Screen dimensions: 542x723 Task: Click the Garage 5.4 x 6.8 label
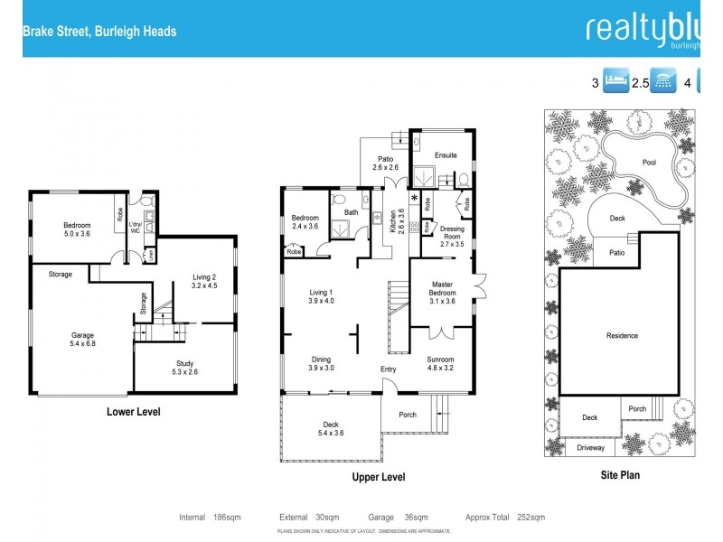tap(82, 340)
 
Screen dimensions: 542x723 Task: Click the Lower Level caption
tap(135, 412)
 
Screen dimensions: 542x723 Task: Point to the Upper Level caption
tap(379, 477)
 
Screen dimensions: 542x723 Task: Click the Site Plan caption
tap(623, 473)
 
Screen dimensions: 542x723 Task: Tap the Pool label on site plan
tap(649, 163)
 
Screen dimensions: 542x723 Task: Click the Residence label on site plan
tap(622, 336)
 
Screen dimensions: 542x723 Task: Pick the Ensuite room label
tap(446, 155)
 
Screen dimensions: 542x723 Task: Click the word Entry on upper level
tap(388, 369)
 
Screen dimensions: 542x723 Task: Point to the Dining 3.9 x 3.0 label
tap(322, 363)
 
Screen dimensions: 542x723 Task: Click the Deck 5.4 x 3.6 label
tap(332, 428)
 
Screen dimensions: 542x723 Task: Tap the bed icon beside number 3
tap(615, 82)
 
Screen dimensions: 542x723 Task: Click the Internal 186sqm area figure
tap(210, 518)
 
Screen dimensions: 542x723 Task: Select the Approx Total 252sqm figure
tap(504, 518)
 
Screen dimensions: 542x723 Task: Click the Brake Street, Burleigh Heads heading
tap(99, 32)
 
